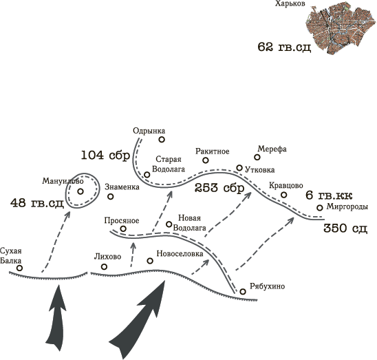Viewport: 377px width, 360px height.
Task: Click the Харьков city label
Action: (290, 4)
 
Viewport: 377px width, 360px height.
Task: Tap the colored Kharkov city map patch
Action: (342, 30)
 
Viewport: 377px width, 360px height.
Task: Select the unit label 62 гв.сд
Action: (284, 47)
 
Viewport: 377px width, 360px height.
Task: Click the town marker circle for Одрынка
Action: (162, 139)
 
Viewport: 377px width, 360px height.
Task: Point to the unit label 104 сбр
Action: (105, 155)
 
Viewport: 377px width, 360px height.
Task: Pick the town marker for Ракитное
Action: (206, 160)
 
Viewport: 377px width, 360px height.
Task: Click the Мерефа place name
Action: (272, 149)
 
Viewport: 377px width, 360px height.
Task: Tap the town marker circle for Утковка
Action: (239, 168)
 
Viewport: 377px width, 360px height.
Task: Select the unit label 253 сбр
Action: (219, 188)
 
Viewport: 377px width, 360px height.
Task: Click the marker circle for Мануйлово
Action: (80, 191)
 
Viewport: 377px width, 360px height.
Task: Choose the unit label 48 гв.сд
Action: (37, 203)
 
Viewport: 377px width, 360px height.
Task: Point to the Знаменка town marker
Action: (110, 197)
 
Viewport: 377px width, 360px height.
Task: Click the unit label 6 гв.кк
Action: (329, 195)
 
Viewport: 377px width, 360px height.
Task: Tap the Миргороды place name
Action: (347, 207)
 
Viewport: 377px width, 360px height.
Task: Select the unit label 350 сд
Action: (345, 228)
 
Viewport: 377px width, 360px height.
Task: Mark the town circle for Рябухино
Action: (243, 292)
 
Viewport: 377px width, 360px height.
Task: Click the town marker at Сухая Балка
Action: (20, 268)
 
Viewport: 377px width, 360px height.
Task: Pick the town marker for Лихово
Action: (104, 266)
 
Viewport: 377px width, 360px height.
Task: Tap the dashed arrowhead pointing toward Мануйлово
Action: (67, 214)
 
